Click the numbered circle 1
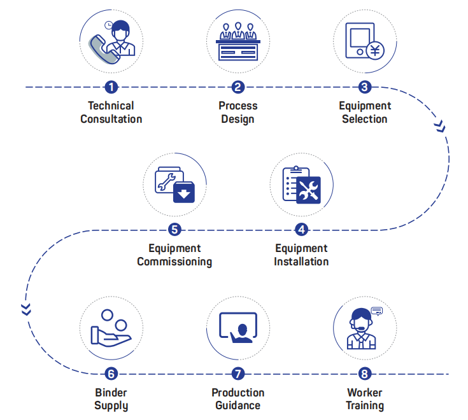pyautogui.click(x=111, y=87)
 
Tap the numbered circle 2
pyautogui.click(x=238, y=87)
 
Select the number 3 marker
pyautogui.click(x=365, y=87)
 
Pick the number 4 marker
pyautogui.click(x=301, y=230)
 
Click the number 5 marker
pyautogui.click(x=174, y=230)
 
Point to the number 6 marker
pyautogui.click(x=111, y=374)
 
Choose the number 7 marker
pyautogui.click(x=238, y=374)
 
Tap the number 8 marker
pyautogui.click(x=365, y=374)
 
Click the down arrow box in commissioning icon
pyautogui.click(x=184, y=192)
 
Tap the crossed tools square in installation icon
pyautogui.click(x=309, y=189)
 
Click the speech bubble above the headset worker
pyautogui.click(x=377, y=311)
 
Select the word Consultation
pyautogui.click(x=111, y=119)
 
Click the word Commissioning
pyautogui.click(x=174, y=262)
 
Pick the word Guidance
pyautogui.click(x=238, y=405)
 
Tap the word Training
pyautogui.click(x=365, y=405)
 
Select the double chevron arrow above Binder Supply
pyautogui.click(x=26, y=310)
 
